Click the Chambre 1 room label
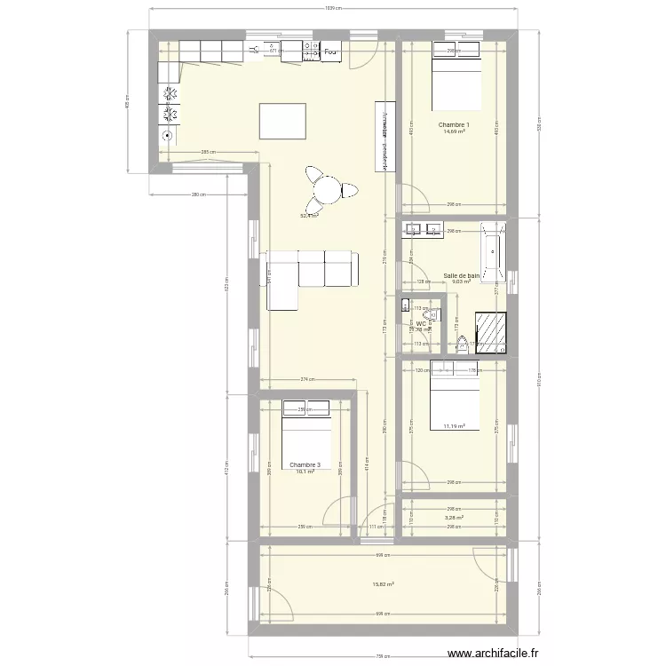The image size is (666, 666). pyautogui.click(x=454, y=124)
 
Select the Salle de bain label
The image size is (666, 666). pyautogui.click(x=461, y=276)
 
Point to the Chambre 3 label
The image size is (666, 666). pyautogui.click(x=305, y=464)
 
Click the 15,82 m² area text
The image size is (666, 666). pyautogui.click(x=383, y=584)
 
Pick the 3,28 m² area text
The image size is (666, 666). pyautogui.click(x=454, y=517)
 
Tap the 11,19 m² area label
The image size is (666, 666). pyautogui.click(x=454, y=426)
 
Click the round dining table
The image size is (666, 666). pyautogui.click(x=328, y=188)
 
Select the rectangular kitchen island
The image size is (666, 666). pyautogui.click(x=283, y=122)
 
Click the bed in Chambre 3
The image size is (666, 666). pyautogui.click(x=307, y=435)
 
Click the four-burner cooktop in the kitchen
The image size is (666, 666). pyautogui.click(x=168, y=105)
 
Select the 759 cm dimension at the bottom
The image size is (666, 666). pyautogui.click(x=383, y=657)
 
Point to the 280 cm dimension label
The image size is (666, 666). pyautogui.click(x=198, y=194)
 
